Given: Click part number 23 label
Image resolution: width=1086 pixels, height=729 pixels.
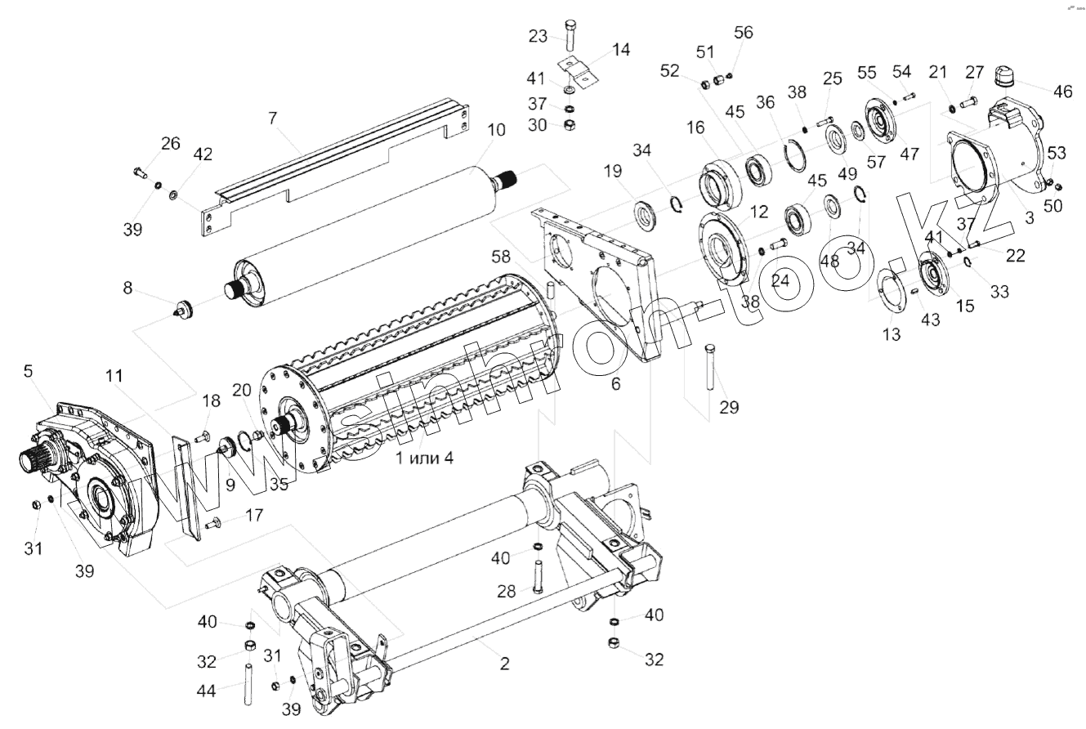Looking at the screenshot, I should pyautogui.click(x=538, y=36).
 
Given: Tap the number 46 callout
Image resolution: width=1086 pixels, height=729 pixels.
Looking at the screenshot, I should pyautogui.click(x=1063, y=91).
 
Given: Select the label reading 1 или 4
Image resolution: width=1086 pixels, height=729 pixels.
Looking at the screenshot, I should pyautogui.click(x=424, y=458).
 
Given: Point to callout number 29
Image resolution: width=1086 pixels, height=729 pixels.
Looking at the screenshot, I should pyautogui.click(x=729, y=406).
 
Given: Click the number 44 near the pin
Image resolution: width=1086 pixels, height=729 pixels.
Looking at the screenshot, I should pyautogui.click(x=207, y=691).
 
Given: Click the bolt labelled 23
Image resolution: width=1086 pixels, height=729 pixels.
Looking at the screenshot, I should pyautogui.click(x=570, y=34).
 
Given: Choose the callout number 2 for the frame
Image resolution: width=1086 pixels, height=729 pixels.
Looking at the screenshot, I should pyautogui.click(x=505, y=664).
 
